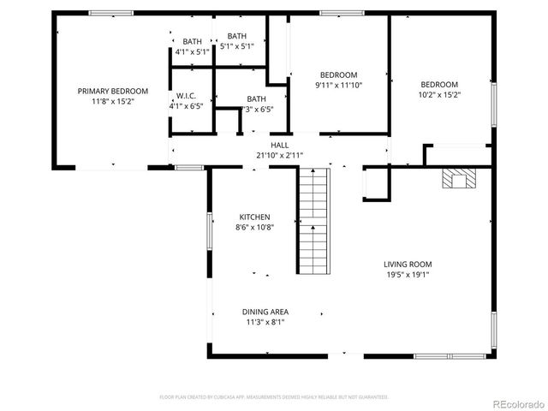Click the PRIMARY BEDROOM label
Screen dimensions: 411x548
pos(113,91)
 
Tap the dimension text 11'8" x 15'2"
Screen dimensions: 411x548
pos(113,101)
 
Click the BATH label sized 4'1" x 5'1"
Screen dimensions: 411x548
pos(191,42)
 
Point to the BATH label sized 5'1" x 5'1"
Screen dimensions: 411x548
pos(237,36)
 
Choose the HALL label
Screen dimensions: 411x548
pos(280,146)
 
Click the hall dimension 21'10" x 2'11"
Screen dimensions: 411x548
pos(280,155)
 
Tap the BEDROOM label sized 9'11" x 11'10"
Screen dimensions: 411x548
pos(338,74)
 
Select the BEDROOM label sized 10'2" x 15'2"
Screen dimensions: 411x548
pos(438,84)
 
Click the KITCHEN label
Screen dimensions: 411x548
pos(254,217)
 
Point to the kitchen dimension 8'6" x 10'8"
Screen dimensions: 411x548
pos(254,228)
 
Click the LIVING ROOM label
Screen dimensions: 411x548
pos(407,265)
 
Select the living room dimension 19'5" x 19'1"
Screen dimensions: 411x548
pos(407,275)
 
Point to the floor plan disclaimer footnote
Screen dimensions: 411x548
pos(274,397)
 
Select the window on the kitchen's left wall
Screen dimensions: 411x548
pos(209,231)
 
